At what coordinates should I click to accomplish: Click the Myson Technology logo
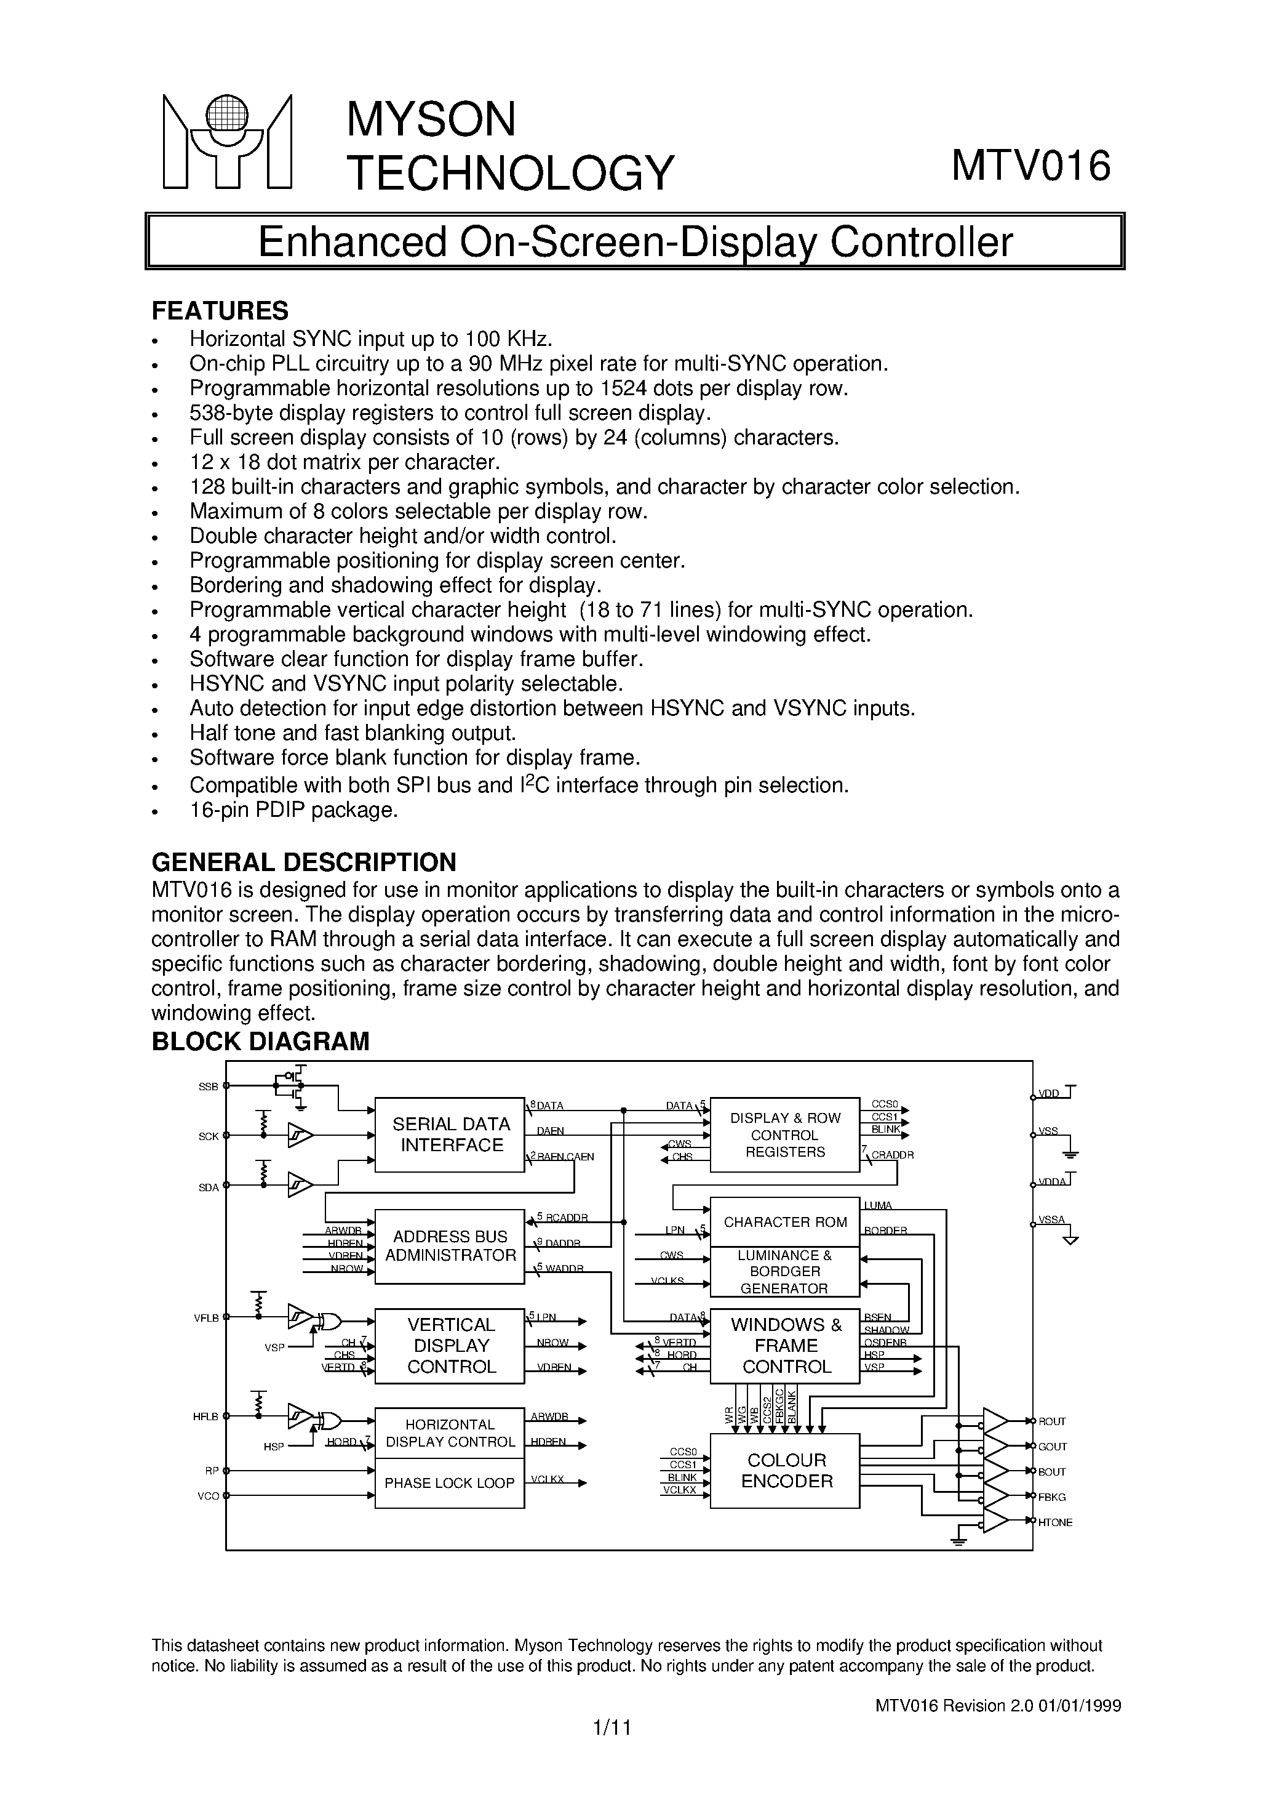[x=226, y=142]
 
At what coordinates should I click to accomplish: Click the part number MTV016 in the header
[x=1030, y=166]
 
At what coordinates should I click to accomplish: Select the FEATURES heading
[x=220, y=310]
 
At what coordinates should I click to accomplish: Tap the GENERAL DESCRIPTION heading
[x=303, y=862]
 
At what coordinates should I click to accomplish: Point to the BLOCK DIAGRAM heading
[x=260, y=1041]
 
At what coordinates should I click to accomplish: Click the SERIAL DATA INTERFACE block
[x=450, y=1135]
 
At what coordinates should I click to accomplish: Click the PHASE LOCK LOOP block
[x=449, y=1482]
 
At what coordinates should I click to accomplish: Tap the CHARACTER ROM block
[x=784, y=1222]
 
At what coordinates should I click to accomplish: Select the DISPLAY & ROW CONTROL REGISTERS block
[x=784, y=1135]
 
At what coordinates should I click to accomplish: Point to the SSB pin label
[x=208, y=1087]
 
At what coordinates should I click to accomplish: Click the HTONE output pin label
[x=1054, y=1522]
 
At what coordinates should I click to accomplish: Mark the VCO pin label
[x=208, y=1496]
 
